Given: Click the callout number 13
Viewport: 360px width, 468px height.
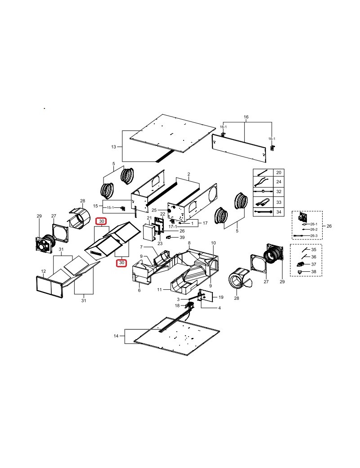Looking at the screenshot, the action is coord(113,147).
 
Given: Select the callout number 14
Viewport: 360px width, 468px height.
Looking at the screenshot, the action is coord(116,336).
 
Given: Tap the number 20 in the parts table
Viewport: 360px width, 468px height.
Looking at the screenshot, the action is coord(279,172).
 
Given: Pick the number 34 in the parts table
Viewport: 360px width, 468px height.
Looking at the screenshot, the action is coord(279,212).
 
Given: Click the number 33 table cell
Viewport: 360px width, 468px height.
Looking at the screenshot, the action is coord(279,202).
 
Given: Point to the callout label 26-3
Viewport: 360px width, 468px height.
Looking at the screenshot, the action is coord(314,236).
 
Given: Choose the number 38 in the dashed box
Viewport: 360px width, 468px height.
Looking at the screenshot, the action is coord(314,272).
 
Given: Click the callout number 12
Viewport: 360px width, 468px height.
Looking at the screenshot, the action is coord(44,271).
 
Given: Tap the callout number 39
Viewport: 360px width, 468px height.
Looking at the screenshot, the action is coord(182,237).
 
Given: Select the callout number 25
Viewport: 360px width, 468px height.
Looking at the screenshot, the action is coord(154,211).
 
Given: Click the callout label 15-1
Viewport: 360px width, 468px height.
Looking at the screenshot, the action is coord(110,207).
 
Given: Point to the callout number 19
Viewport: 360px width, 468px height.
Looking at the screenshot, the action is coord(221,297).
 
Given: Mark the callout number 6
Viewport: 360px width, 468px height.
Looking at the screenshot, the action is coord(139,290).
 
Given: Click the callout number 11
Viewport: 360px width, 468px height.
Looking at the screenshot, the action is coord(159,289).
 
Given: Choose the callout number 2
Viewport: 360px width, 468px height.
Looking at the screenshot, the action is coord(189,174).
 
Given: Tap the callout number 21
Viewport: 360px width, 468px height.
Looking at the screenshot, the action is coord(149,218).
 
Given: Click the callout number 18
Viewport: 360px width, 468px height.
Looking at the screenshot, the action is coord(177,306).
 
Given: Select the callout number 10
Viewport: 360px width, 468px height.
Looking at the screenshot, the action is coord(213,243).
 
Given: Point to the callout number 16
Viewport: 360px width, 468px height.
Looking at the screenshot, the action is coord(246,117).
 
